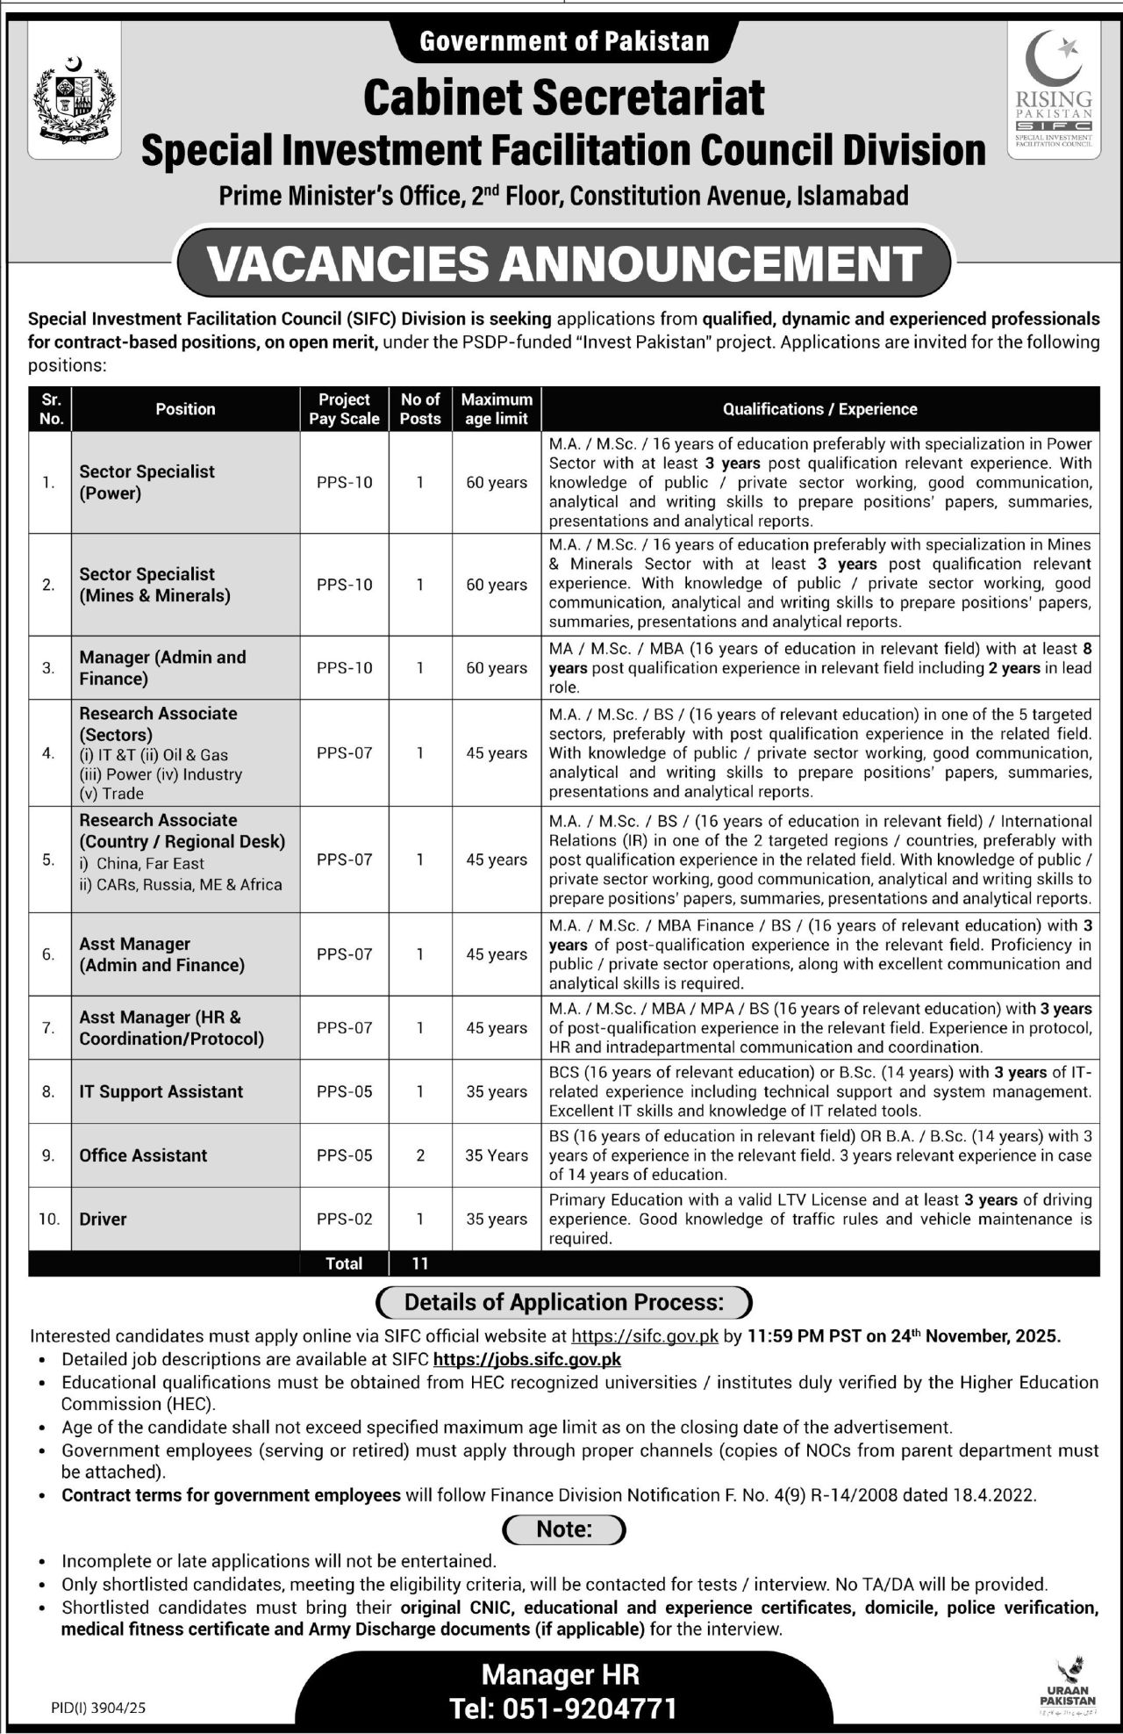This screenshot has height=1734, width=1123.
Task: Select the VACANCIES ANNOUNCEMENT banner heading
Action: (564, 263)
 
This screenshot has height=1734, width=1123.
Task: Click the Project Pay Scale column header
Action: (344, 409)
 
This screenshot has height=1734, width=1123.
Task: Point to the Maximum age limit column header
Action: (497, 409)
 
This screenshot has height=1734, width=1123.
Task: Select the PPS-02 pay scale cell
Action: (344, 1219)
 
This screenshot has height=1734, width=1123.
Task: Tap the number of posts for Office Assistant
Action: (420, 1155)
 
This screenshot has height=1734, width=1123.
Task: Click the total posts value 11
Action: (420, 1263)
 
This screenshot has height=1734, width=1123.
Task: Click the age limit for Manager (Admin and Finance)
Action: (497, 668)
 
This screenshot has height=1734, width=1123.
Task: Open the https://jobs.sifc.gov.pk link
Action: (527, 1359)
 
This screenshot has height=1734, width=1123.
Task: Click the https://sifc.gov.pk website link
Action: (645, 1336)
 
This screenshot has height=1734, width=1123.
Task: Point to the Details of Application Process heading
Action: (564, 1302)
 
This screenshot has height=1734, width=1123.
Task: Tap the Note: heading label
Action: (564, 1529)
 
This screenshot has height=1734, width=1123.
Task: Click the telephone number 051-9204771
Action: (563, 1709)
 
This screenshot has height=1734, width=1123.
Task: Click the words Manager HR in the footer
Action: (561, 1674)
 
